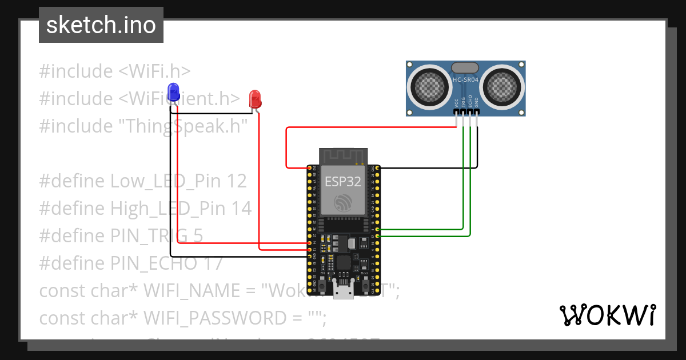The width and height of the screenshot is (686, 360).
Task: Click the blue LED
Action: (x=173, y=92)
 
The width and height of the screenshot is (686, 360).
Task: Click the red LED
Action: (x=255, y=99)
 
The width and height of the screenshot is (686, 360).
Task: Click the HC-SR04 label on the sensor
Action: (x=465, y=80)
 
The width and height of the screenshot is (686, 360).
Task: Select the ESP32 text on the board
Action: (x=343, y=182)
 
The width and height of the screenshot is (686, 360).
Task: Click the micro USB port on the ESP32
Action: (x=344, y=292)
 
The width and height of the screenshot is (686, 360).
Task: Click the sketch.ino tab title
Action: (x=101, y=25)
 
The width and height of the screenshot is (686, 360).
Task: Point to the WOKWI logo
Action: (x=607, y=315)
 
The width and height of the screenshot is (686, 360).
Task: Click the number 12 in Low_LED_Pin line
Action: (x=236, y=181)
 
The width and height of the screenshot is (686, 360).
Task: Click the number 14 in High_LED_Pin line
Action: (x=241, y=209)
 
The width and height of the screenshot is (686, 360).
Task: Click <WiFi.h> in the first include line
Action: (x=154, y=71)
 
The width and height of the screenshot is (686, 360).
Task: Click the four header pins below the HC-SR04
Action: (x=466, y=114)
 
